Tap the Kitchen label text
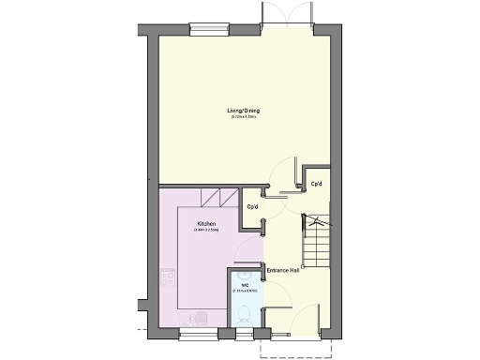click(x=207, y=223)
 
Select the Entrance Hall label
click(x=282, y=271)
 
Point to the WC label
click(x=245, y=285)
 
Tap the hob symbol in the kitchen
click(x=169, y=277)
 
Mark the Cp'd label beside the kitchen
click(x=252, y=207)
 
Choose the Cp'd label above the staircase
click(x=316, y=184)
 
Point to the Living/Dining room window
click(x=209, y=29)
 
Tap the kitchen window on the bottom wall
click(x=198, y=333)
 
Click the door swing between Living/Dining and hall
click(x=279, y=171)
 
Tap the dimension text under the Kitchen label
click(x=207, y=230)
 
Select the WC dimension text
click(x=244, y=292)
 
